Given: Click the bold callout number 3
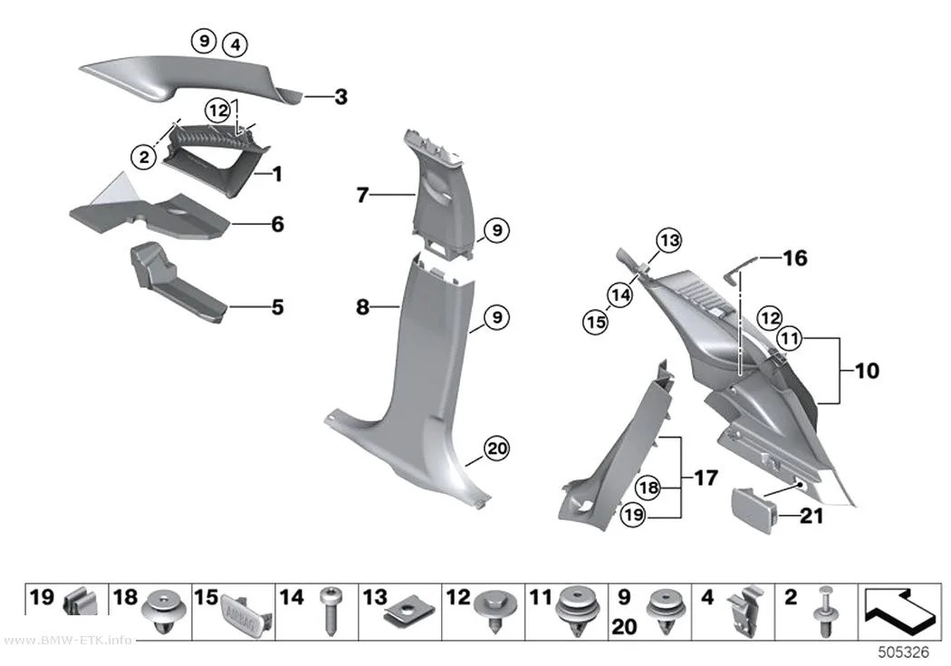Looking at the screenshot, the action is click(x=341, y=96).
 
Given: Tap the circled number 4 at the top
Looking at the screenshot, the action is click(x=235, y=45).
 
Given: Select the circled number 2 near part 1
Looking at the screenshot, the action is click(x=144, y=158).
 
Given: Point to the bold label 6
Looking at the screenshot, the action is click(x=277, y=224).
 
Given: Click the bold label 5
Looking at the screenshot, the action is click(x=277, y=307).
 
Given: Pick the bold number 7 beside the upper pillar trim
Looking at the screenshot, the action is click(x=362, y=195).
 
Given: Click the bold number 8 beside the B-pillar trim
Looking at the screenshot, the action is click(x=362, y=307).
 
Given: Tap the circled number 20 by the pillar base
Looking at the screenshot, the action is click(x=496, y=449).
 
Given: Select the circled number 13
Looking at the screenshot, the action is click(x=669, y=240).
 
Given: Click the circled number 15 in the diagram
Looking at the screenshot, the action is click(x=596, y=322).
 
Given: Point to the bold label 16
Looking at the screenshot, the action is click(x=795, y=258).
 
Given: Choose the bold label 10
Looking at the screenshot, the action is click(x=867, y=371).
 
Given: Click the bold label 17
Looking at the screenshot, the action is click(x=706, y=478).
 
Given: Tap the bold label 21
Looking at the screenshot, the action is click(x=812, y=516).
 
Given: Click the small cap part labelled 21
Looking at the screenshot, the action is click(x=755, y=511).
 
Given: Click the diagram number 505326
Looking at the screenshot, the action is click(x=904, y=652).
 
